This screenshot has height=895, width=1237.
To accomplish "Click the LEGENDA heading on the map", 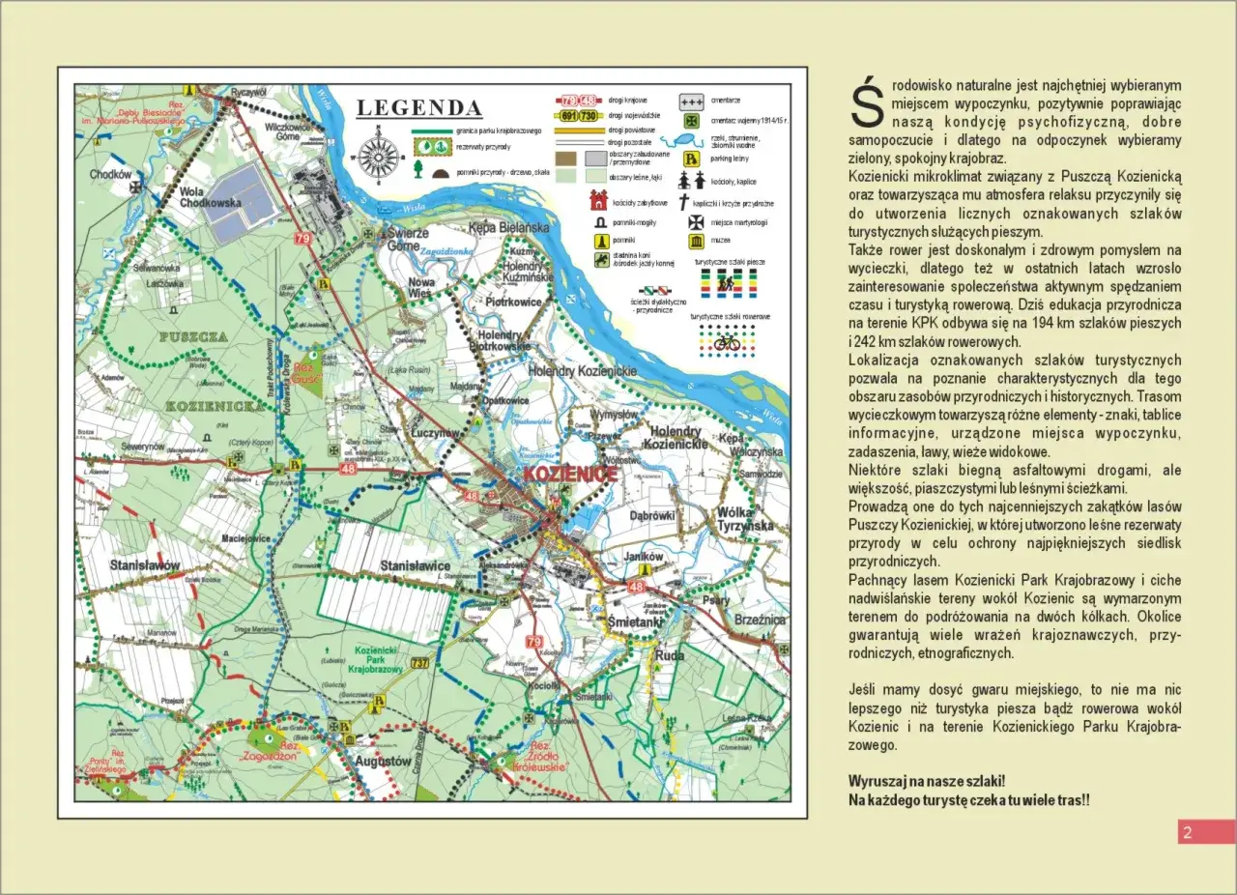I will [x=418, y=108].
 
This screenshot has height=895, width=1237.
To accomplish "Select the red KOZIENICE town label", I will [x=569, y=476].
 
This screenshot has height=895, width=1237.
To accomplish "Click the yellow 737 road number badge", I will [x=419, y=662].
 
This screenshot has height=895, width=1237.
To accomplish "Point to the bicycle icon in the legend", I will [x=727, y=342].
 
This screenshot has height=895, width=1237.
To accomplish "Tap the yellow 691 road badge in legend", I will [x=564, y=116].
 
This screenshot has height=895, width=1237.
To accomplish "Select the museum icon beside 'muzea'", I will [x=695, y=240].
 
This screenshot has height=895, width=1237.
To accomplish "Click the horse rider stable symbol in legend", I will [x=601, y=260].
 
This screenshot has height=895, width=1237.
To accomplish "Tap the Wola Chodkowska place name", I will [x=211, y=197].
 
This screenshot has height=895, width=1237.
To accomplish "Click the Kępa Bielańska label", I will [x=508, y=227].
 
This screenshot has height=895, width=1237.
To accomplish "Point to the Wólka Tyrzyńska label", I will [x=745, y=518].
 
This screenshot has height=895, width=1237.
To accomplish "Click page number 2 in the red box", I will [x=1188, y=832].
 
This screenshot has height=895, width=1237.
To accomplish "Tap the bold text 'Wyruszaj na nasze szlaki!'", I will [x=926, y=781].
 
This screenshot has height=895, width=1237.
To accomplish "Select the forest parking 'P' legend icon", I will [x=692, y=158].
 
